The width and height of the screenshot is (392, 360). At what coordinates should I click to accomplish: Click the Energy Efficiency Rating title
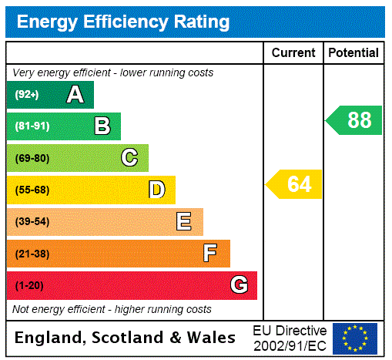[123, 22]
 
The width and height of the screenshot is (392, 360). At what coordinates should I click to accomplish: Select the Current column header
[293, 53]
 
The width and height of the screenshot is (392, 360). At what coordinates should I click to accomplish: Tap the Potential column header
[353, 53]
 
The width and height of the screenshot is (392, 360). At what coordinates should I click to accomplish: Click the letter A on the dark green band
[75, 95]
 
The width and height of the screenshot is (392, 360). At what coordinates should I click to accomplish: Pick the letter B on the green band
[102, 126]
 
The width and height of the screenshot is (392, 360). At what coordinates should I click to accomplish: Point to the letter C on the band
[129, 158]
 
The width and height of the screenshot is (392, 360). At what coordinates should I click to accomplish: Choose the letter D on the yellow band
[157, 190]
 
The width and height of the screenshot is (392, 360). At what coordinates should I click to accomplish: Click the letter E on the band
[184, 222]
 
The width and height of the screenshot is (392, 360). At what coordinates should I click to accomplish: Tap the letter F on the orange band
[210, 254]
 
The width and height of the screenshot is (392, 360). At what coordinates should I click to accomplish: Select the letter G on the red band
[240, 285]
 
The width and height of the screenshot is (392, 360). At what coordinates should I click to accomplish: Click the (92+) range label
[28, 96]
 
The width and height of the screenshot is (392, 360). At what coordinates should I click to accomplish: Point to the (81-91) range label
[32, 126]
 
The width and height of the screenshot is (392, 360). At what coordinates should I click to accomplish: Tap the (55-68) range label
[32, 190]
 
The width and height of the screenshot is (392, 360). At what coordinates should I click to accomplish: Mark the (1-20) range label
[29, 286]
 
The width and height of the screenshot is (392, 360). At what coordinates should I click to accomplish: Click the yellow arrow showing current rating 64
[295, 184]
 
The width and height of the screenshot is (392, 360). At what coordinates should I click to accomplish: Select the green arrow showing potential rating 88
[355, 120]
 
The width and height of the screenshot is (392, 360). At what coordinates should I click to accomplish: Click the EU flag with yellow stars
[355, 338]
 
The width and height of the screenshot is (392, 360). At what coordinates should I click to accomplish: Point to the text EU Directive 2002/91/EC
[290, 338]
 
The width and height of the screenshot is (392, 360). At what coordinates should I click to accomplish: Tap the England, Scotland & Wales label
[126, 338]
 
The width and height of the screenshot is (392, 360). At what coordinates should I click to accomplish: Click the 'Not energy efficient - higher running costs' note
[112, 309]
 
